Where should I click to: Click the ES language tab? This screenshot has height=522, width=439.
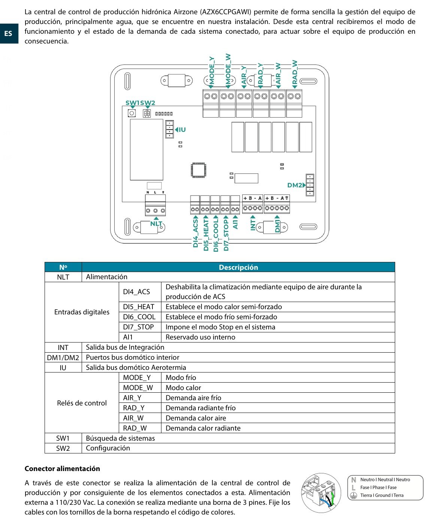click(x=8, y=34)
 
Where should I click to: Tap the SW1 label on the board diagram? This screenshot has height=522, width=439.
click(x=132, y=103)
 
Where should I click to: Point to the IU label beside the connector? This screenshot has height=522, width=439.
click(x=182, y=130)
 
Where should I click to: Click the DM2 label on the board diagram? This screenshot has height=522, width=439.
click(x=294, y=185)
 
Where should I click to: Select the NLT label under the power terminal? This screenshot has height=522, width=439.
click(x=156, y=224)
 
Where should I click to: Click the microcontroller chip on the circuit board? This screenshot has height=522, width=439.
click(x=198, y=170)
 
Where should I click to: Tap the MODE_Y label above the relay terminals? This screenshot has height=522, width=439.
click(x=212, y=70)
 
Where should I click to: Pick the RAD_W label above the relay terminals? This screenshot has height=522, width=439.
click(x=295, y=72)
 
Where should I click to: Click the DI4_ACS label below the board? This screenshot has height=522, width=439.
click(x=196, y=233)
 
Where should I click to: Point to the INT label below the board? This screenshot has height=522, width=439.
click(x=253, y=225)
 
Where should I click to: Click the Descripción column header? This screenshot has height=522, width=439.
click(x=238, y=267)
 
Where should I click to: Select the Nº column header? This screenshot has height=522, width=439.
click(x=63, y=267)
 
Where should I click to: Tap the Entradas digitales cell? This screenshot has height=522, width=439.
click(x=82, y=312)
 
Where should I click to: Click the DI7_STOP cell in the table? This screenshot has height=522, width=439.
click(x=138, y=327)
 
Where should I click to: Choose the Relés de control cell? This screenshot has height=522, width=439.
click(x=82, y=403)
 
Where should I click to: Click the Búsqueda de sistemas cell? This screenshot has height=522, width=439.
click(x=120, y=438)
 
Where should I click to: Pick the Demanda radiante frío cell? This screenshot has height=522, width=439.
click(x=200, y=408)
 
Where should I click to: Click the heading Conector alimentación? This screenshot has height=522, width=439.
click(x=62, y=468)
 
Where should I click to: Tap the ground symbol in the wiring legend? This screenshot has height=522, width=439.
click(x=353, y=495)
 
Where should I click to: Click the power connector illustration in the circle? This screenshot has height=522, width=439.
click(x=321, y=493)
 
